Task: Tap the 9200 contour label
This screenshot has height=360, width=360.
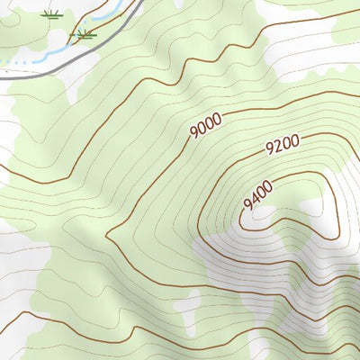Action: (x=282, y=146)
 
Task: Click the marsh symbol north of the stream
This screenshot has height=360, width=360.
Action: (x=52, y=14)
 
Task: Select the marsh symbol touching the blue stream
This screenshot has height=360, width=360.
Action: (x=85, y=35)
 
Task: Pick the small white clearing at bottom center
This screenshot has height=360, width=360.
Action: (x=188, y=301)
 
